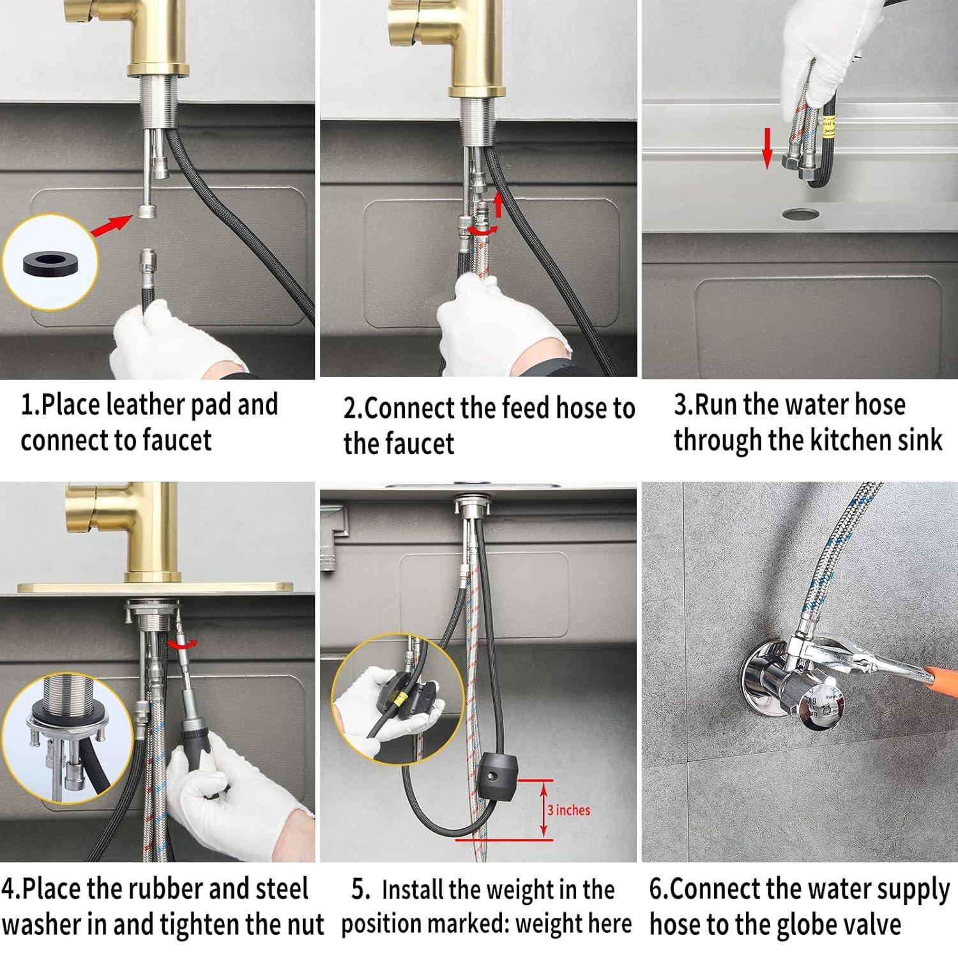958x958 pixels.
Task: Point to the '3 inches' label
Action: tap(568, 810)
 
